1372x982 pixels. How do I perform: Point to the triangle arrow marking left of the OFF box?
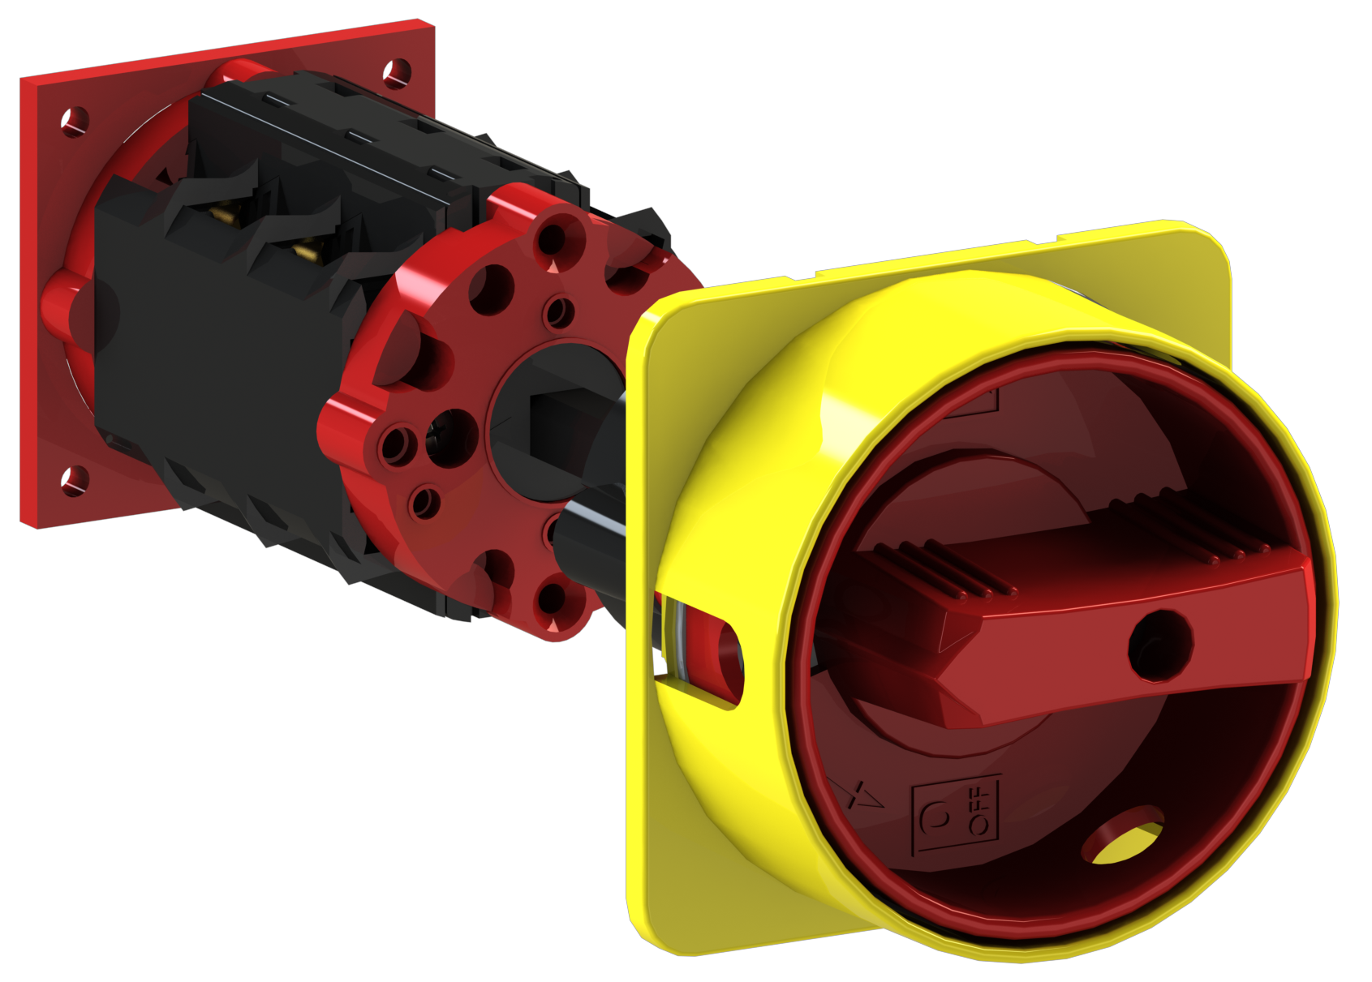click(858, 795)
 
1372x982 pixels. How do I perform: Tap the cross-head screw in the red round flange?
click(453, 437)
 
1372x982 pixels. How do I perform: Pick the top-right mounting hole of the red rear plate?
click(397, 72)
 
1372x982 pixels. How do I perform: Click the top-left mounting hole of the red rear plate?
click(75, 122)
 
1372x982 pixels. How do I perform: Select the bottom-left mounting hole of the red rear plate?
click(75, 480)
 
